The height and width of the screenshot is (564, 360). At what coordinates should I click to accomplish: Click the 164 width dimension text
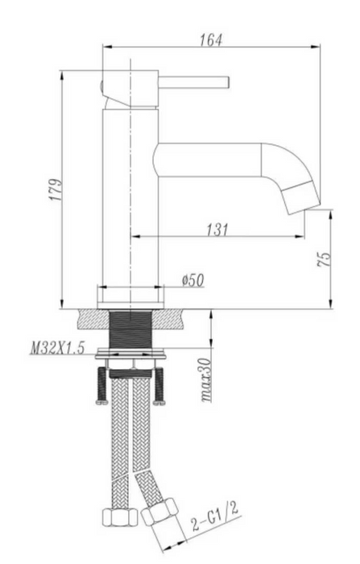[x=211, y=39]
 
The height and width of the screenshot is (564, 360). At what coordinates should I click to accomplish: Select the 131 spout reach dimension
[x=216, y=230]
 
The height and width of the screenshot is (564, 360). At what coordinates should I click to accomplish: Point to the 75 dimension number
[x=323, y=259]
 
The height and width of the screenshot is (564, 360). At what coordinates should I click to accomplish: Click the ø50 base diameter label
[x=192, y=280]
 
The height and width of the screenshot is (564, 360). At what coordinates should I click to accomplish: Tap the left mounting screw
[x=101, y=385]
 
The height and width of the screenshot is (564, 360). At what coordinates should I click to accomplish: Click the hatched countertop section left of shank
[x=93, y=318]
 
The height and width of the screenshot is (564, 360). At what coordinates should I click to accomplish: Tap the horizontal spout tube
[x=209, y=158]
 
